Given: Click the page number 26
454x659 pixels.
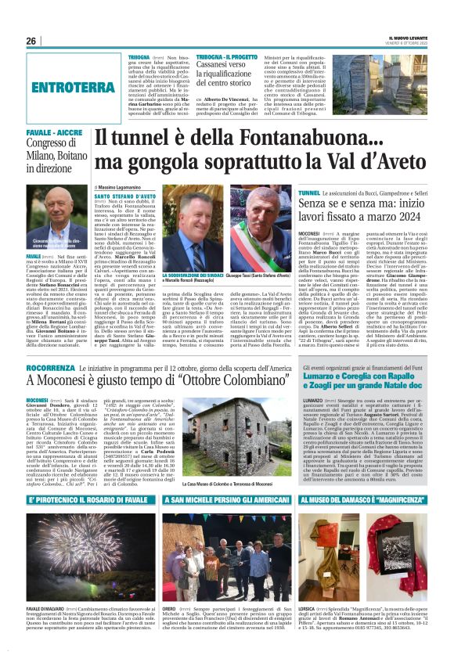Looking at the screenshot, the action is [31, 41].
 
